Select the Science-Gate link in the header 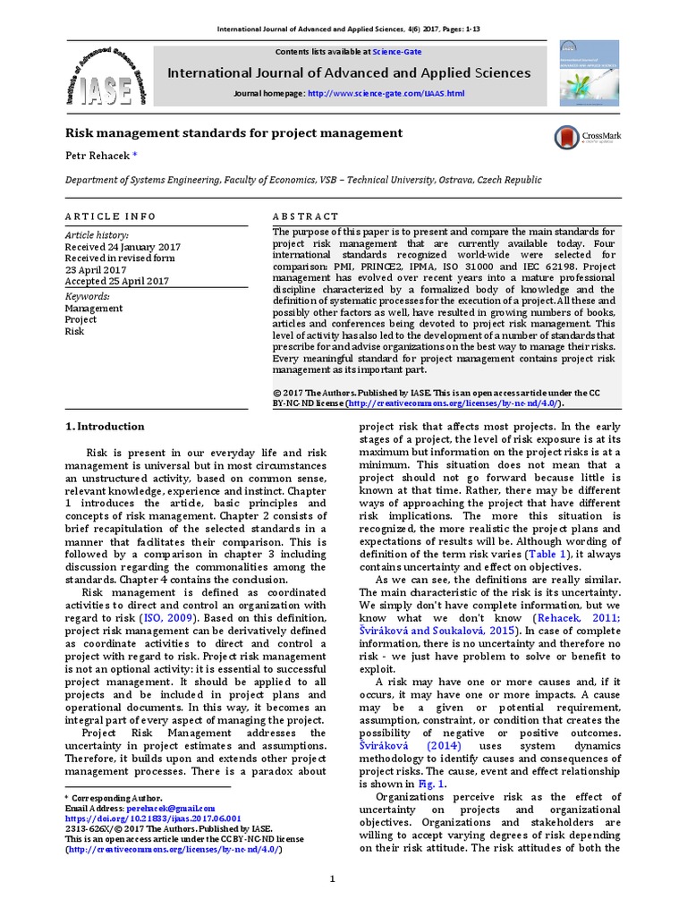click(397, 52)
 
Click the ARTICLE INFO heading click(110, 216)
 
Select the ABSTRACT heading click(305, 216)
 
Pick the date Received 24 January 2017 click(123, 247)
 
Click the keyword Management click(94, 308)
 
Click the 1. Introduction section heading click(106, 427)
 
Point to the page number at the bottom click(332, 880)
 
